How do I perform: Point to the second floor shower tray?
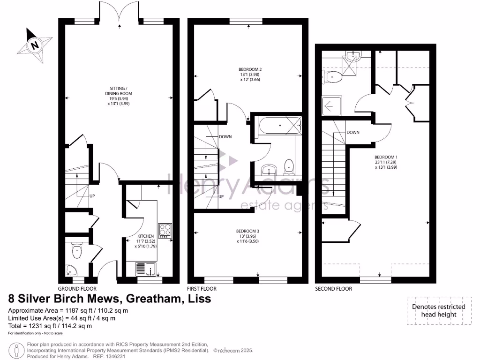[x=332, y=106]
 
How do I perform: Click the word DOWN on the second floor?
[x=353, y=133]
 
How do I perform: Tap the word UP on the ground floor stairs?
[x=92, y=195]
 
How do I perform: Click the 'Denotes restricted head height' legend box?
[x=438, y=310]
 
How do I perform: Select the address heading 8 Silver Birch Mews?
[x=110, y=298]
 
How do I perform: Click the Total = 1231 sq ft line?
[x=50, y=326]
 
